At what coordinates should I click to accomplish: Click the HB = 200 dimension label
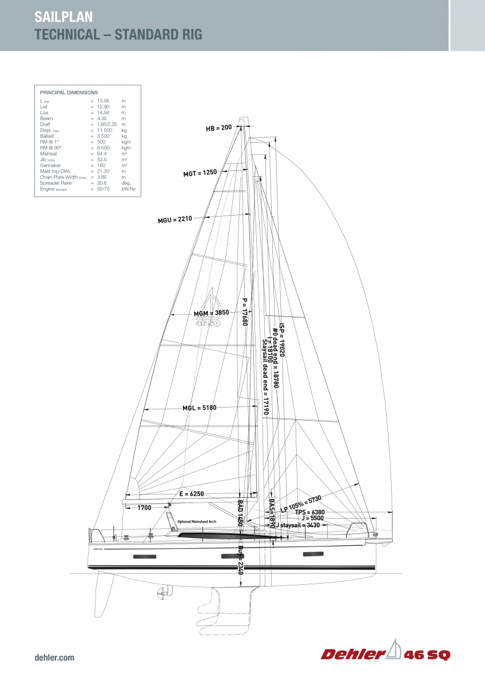coord(219,128)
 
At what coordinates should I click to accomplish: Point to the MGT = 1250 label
coord(200,173)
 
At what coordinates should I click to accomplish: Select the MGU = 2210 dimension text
coord(175,219)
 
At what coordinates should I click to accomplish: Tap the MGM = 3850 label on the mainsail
coord(211,313)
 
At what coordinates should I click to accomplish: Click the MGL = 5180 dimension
coord(200,408)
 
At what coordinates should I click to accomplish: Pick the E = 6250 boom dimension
coord(192,493)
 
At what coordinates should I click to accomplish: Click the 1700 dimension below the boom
coord(145,508)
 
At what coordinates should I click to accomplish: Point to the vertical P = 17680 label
coord(245,312)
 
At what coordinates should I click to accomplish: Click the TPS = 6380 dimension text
coord(310,512)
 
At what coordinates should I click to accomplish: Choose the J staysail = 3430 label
coord(300,525)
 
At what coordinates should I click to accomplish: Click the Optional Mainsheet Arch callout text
coord(197,522)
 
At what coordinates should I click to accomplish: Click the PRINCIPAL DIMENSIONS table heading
coord(69,92)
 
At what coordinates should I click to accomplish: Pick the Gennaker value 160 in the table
coord(101,166)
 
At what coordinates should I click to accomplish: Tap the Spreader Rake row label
coord(54,183)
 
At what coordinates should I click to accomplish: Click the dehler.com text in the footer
coord(54,658)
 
